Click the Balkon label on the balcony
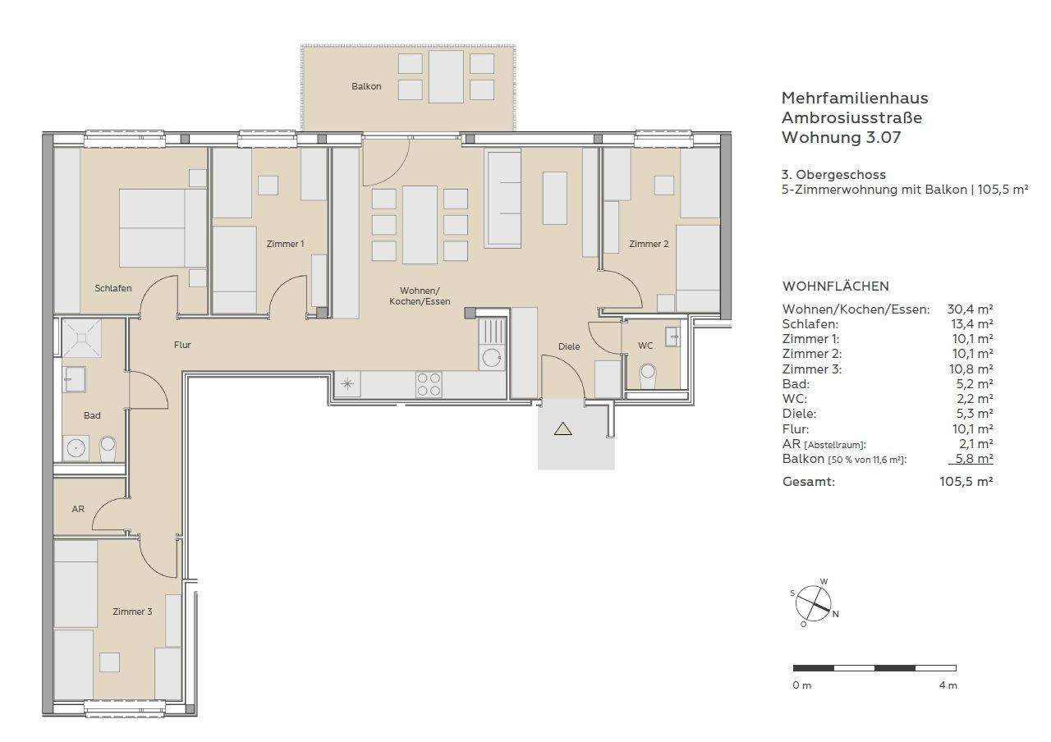[x=366, y=86]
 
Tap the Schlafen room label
[x=113, y=288]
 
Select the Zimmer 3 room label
[x=132, y=611]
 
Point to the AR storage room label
[x=78, y=509]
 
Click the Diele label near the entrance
[x=569, y=346]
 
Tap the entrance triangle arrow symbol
[x=562, y=428]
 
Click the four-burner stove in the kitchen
[x=429, y=384]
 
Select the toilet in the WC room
[x=648, y=376]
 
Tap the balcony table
[x=446, y=76]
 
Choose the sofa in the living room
[x=504, y=199]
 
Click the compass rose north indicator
[x=835, y=614]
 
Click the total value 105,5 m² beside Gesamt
[x=966, y=482]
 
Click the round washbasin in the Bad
[x=76, y=447]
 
